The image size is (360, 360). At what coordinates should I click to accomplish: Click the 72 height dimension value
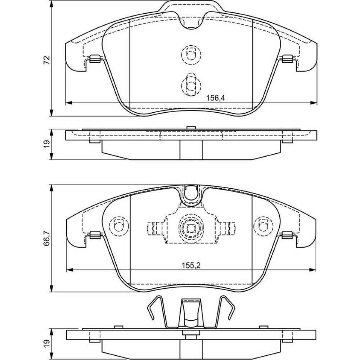pyautogui.click(x=47, y=60)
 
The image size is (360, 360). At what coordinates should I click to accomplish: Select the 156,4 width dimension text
pyautogui.click(x=216, y=98)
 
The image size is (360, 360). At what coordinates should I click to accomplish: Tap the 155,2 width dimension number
pyautogui.click(x=191, y=266)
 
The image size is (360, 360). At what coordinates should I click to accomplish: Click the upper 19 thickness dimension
pyautogui.click(x=47, y=144)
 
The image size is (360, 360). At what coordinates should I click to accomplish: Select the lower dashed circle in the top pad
pyautogui.click(x=191, y=85)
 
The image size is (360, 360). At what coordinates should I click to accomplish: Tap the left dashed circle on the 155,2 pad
pyautogui.click(x=119, y=226)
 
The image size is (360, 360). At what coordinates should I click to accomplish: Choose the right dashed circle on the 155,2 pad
pyautogui.click(x=264, y=226)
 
